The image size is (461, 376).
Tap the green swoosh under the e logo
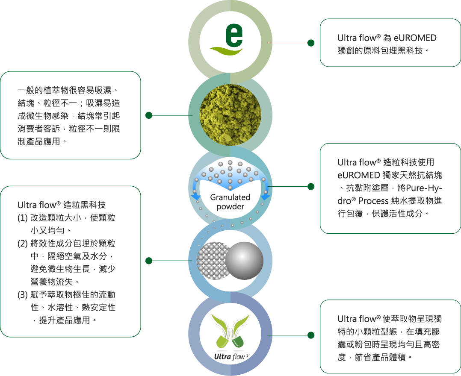pyautogui.click(x=226, y=52)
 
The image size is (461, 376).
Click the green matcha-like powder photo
pyautogui.click(x=230, y=115)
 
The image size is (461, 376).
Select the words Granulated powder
pyautogui.click(x=230, y=202)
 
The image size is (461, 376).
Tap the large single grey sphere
pyautogui.click(x=244, y=261)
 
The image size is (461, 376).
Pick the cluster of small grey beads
pyautogui.click(x=212, y=261)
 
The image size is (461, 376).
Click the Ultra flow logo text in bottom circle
pyautogui.click(x=231, y=357)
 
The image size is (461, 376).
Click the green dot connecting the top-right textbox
pyautogui.click(x=311, y=43)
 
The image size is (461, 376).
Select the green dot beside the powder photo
pyautogui.click(x=149, y=115)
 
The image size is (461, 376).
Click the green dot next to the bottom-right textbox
pyautogui.click(x=311, y=335)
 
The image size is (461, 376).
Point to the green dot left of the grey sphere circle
pyautogui.click(x=149, y=261)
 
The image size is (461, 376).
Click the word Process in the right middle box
pyautogui.click(x=373, y=201)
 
